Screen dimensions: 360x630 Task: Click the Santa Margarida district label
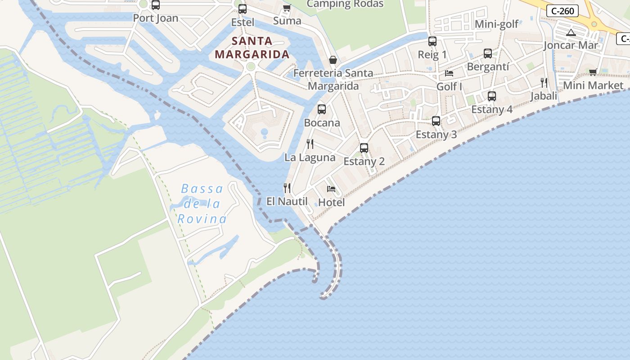point(252,48)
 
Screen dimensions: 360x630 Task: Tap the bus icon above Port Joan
point(155,5)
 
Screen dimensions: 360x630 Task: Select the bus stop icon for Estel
point(243,9)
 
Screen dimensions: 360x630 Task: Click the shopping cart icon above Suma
point(287,7)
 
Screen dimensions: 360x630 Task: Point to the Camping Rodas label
point(345,4)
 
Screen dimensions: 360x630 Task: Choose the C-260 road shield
point(562,11)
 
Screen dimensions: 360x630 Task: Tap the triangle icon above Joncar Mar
point(571,32)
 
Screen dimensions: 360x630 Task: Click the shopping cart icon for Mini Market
point(593,72)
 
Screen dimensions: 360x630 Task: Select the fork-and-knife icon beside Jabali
point(544,82)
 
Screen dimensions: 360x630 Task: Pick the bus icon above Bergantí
point(488,54)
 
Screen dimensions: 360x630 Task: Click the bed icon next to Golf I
point(449,73)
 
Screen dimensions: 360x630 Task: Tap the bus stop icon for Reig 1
point(432,41)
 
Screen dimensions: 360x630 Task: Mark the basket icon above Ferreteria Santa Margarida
point(333,59)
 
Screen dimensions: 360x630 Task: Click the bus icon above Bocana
point(322,109)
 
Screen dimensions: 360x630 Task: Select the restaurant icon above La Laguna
point(310,144)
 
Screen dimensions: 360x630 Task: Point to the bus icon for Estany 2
point(364,148)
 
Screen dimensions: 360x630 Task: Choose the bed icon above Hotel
point(331,189)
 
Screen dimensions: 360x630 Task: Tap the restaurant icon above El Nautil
point(287,188)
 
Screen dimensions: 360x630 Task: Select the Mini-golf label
point(497,24)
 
